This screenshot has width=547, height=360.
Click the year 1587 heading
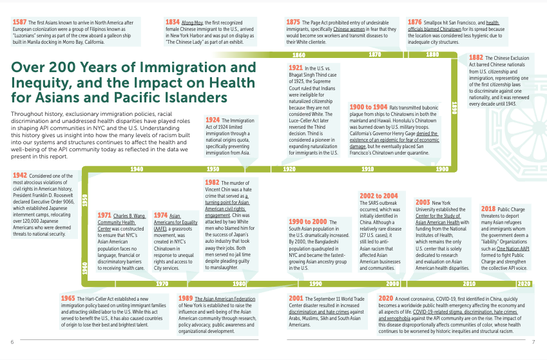tap(19, 23)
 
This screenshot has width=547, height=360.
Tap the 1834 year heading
tap(172, 23)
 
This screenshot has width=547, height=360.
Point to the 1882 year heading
tap(477, 57)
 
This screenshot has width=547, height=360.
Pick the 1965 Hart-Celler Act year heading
tap(67, 299)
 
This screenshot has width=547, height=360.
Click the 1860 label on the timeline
tap(298, 55)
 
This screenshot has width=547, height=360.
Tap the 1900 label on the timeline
tap(443, 169)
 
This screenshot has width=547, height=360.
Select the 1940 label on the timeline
tap(137, 169)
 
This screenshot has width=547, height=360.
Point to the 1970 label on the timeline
tap(162, 283)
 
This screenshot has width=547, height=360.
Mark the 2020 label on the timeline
tap(524, 283)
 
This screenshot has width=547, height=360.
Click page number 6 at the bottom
tap(12, 341)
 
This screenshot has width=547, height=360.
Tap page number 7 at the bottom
tap(534, 341)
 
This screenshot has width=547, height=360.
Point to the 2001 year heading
tap(296, 299)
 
